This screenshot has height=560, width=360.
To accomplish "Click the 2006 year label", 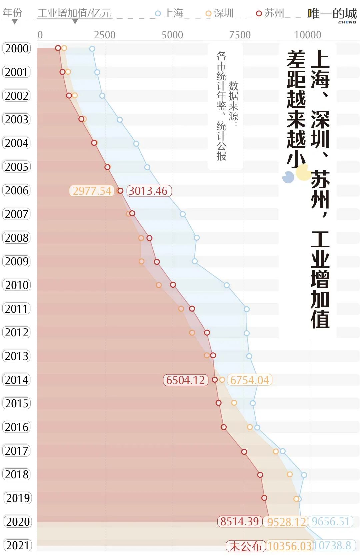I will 17,190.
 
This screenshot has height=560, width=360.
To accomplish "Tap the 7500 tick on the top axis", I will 240,35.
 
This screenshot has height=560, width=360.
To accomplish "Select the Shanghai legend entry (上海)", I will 170,13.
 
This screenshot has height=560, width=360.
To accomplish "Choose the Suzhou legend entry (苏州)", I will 270,13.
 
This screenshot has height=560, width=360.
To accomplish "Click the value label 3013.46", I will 149,191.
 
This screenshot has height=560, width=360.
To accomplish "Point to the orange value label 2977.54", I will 92,191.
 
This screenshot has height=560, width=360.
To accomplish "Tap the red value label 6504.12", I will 185,380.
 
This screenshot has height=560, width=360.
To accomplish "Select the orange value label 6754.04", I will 249,380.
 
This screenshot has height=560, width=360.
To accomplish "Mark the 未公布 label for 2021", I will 245,546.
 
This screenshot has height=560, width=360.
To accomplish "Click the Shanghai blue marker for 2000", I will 92,49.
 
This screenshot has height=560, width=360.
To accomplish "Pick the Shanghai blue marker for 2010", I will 227,285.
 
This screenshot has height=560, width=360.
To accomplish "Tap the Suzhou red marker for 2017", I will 244,452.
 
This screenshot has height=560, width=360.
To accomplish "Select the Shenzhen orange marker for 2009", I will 141,261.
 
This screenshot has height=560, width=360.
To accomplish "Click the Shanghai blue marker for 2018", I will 304,475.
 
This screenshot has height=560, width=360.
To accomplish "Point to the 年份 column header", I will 13,13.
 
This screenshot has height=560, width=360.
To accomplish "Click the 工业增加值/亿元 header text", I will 74,13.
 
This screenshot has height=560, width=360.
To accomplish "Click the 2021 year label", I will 17,545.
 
